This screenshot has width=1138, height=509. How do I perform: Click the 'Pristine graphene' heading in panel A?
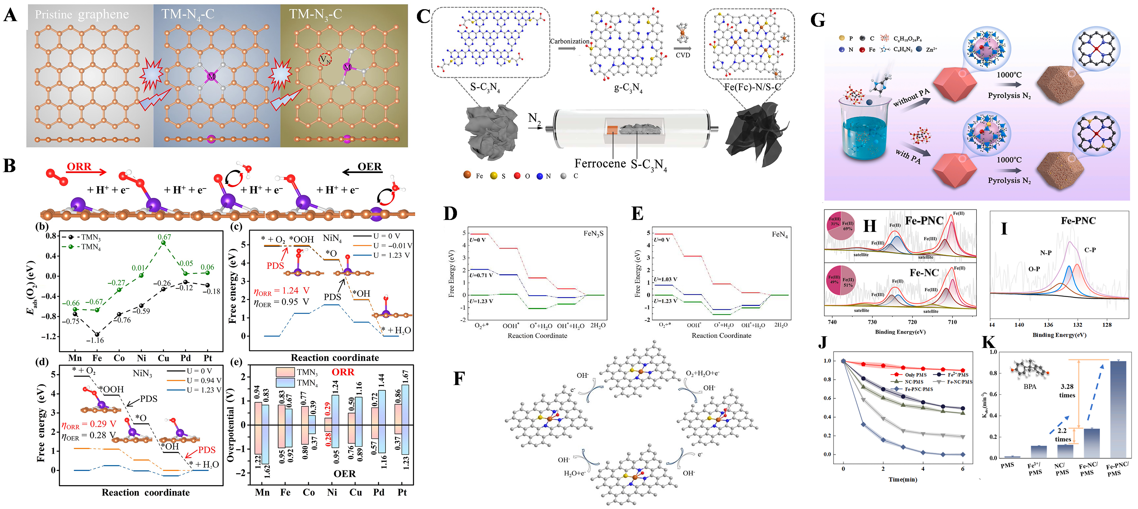(82, 15)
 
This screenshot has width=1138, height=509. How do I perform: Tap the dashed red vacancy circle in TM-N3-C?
(325, 59)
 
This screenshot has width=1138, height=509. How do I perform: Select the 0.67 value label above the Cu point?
(164, 237)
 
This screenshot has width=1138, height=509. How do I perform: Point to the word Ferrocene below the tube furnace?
(600, 164)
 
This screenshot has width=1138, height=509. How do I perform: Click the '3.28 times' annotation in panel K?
(1067, 391)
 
